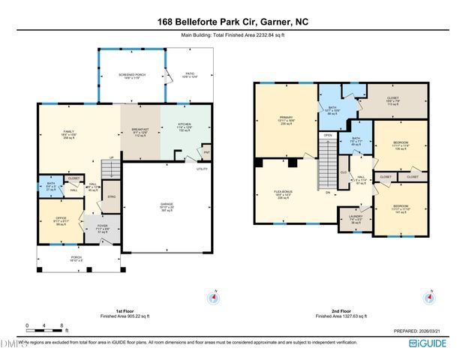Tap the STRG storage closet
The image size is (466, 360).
coord(111,198)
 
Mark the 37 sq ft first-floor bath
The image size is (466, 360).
coord(50,188)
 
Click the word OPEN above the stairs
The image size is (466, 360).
coord(327,135)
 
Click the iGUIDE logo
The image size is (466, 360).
coord(430,343)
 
